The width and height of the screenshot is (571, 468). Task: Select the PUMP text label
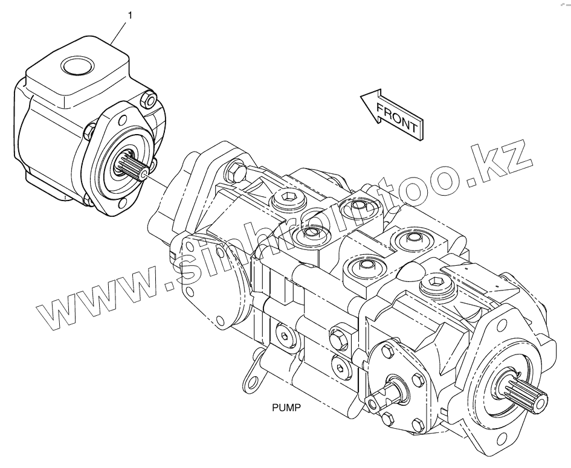pos(286,408)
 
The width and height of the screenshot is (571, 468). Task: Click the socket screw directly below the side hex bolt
pos(339,367)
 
